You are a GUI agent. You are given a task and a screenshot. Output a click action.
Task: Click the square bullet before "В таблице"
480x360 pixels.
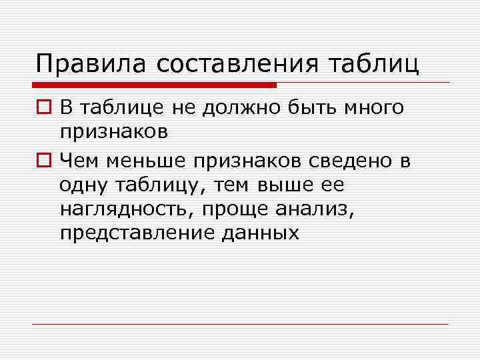pyautogui.click(x=43, y=108)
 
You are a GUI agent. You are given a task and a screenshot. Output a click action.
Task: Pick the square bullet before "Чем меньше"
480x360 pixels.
pyautogui.click(x=43, y=159)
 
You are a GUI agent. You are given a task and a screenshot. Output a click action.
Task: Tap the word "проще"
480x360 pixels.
pyautogui.click(x=244, y=209)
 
